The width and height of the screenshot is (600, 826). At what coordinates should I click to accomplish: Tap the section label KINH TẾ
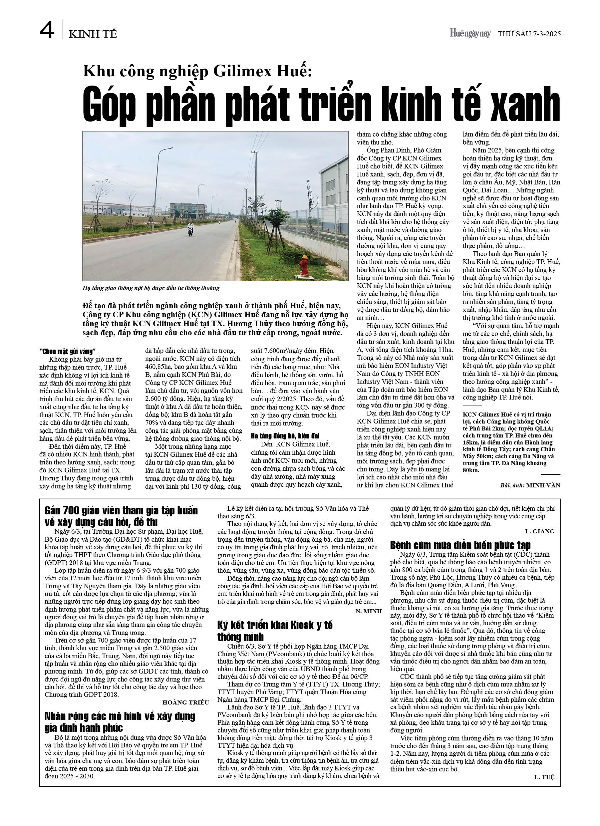(93, 34)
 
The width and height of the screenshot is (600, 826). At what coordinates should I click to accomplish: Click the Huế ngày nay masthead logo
(470, 34)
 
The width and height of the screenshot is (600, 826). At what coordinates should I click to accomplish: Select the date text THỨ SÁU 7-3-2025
(529, 34)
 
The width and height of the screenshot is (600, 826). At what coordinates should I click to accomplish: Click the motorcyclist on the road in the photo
(190, 229)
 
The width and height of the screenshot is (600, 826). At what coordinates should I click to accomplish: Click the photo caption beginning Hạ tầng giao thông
(151, 288)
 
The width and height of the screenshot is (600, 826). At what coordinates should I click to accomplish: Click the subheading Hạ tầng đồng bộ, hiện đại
(285, 435)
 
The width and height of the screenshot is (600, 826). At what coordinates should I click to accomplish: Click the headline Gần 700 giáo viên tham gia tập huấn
(121, 516)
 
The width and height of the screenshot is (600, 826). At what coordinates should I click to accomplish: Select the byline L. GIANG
(539, 531)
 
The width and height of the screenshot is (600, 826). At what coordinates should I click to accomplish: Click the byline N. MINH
(368, 611)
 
